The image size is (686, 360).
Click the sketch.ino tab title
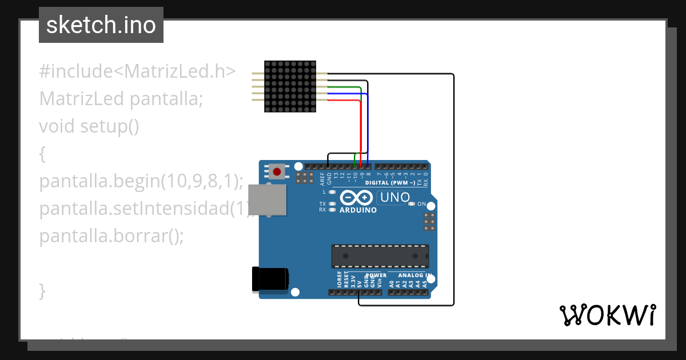101,25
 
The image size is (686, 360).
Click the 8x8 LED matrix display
290,86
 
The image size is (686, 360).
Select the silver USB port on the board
269,199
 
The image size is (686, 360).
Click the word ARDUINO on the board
358,210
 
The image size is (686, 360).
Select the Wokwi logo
607,315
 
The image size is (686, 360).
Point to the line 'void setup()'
89,126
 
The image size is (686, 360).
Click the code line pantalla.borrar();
111,236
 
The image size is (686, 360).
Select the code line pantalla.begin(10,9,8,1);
141,181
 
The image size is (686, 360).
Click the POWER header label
376,275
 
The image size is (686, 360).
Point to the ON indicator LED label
422,204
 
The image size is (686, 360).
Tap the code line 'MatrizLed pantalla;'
121,99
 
